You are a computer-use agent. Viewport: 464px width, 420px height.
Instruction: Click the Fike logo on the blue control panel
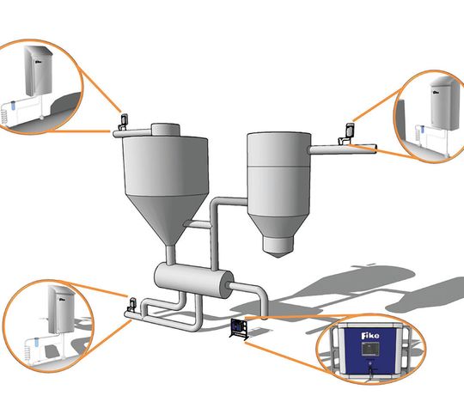[369, 336]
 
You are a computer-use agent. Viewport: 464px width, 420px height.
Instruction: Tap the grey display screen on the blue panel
[369, 349]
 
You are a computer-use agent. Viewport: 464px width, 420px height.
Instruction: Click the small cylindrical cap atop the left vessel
[166, 131]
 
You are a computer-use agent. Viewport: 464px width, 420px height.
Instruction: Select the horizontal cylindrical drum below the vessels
[194, 280]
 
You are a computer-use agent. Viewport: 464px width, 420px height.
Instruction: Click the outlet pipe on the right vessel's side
[343, 149]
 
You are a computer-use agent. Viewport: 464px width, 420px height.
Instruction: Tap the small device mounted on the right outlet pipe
[346, 134]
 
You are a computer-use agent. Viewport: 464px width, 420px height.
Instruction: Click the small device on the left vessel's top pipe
[123, 122]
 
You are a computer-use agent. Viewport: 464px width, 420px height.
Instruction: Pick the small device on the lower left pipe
[131, 305]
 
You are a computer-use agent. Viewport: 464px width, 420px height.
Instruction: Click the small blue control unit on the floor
[238, 329]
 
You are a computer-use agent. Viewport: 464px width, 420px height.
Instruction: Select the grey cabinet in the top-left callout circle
[39, 71]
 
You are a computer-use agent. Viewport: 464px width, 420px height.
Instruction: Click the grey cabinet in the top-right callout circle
[445, 103]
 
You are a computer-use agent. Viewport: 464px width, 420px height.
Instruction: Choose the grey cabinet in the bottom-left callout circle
[62, 309]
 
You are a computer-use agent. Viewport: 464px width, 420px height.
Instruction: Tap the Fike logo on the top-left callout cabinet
[38, 62]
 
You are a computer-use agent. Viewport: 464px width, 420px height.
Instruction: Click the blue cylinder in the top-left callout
[13, 106]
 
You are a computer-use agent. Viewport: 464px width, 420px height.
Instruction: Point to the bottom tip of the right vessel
[278, 257]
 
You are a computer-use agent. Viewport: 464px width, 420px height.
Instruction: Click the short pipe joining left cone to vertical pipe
[198, 224]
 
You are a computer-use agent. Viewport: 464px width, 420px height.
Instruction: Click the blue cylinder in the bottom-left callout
[37, 342]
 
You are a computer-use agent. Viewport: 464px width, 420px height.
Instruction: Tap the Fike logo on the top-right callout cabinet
[437, 92]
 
